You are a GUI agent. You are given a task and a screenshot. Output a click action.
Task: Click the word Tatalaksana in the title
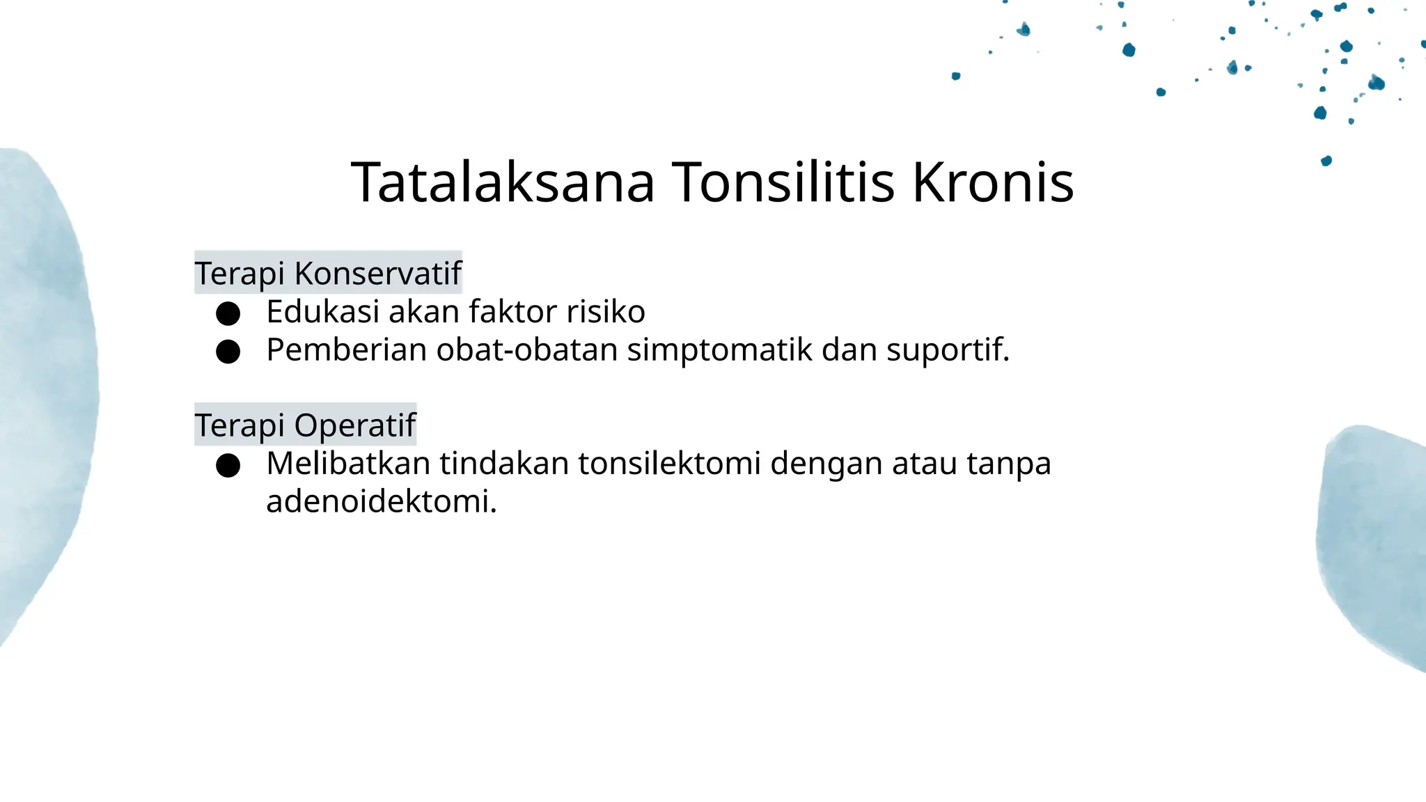503,182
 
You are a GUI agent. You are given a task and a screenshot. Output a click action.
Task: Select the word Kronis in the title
993,182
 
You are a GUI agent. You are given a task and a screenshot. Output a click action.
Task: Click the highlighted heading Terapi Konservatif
328,273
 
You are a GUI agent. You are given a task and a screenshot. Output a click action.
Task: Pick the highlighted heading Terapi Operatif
305,425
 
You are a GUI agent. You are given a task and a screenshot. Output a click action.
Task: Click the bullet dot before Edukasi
228,313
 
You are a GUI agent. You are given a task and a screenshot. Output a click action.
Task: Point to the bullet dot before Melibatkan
228,465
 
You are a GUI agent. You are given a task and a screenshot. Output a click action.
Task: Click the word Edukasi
322,311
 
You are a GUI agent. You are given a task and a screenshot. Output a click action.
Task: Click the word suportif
947,349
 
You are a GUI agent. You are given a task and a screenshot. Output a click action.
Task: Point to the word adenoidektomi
381,501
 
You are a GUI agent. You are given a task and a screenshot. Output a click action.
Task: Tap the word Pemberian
347,349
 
